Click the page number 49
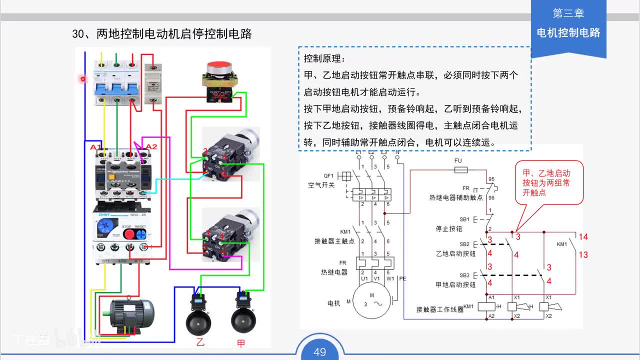(x=319, y=352)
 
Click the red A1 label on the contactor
(x=95, y=147)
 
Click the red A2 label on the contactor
(x=151, y=146)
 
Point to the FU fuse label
(x=458, y=161)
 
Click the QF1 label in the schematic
(x=328, y=176)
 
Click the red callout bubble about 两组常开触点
(x=549, y=182)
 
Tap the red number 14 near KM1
(x=583, y=237)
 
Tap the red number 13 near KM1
(x=583, y=255)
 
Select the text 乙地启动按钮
(x=455, y=253)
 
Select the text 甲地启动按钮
(x=455, y=284)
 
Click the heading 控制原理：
(x=324, y=58)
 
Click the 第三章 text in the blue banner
(x=568, y=13)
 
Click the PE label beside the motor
(x=403, y=279)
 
